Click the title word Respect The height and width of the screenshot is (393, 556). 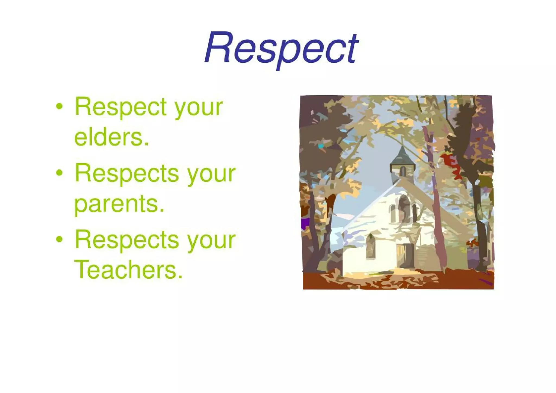tap(281, 49)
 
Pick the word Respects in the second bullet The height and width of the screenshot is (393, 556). tap(127, 173)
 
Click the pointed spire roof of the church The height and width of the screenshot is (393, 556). tap(403, 155)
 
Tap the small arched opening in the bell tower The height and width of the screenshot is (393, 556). tap(403, 171)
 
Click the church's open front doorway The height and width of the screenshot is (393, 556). tap(405, 255)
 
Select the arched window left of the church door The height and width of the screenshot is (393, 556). tap(371, 246)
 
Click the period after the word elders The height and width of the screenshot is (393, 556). tap(147, 144)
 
